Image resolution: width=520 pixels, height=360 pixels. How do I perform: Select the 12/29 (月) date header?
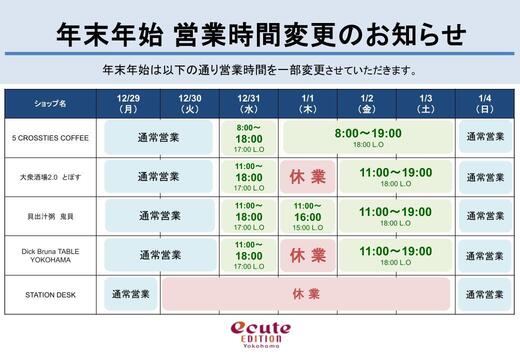coord(128,103)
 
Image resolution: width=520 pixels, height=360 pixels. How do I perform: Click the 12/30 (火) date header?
coord(189,103)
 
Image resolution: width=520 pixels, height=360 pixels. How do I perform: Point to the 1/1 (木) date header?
coord(307,103)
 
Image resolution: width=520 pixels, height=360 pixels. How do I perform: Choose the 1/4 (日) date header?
coord(485,103)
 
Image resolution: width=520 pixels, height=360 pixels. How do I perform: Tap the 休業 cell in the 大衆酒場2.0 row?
coord(307,176)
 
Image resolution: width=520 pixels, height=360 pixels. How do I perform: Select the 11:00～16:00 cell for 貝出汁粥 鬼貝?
coord(307,215)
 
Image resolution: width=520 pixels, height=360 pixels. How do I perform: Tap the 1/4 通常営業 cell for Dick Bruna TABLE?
coord(485,254)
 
